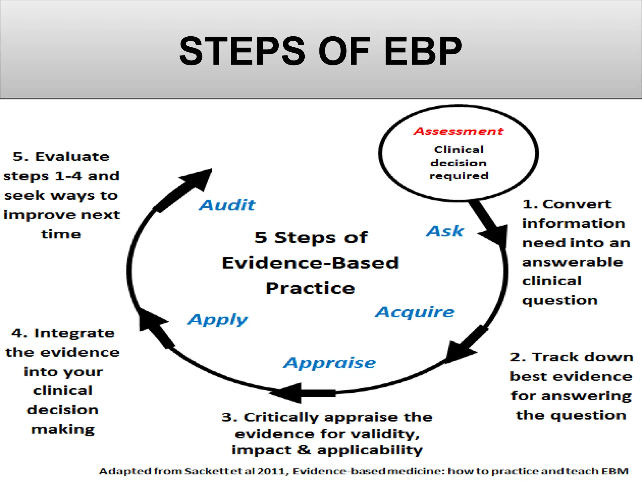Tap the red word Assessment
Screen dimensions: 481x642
tap(458, 131)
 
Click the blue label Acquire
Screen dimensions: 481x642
tap(414, 312)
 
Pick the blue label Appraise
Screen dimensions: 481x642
tap(329, 363)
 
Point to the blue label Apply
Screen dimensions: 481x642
tap(218, 320)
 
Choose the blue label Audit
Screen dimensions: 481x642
tap(227, 205)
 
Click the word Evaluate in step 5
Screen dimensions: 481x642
tap(72, 157)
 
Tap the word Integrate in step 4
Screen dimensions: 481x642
tap(74, 333)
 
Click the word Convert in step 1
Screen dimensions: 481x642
tap(577, 204)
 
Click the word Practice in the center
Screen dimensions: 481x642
tap(310, 288)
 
